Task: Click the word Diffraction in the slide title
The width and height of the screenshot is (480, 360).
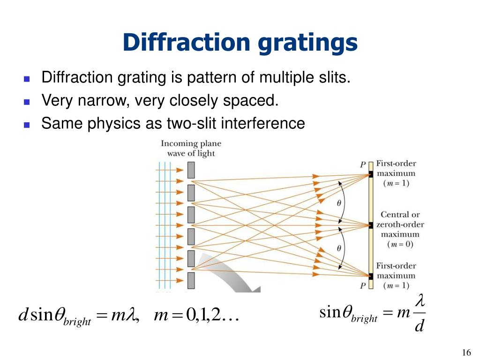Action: click(x=187, y=43)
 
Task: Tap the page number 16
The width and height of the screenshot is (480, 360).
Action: click(x=466, y=353)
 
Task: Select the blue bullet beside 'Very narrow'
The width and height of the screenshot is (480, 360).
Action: click(x=27, y=101)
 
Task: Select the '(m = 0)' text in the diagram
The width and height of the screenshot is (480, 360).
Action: click(x=400, y=244)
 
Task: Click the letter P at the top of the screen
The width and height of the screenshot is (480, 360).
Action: click(x=363, y=165)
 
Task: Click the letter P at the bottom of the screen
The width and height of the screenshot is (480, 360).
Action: click(x=363, y=285)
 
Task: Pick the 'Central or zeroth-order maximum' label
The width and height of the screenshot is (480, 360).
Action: click(x=400, y=225)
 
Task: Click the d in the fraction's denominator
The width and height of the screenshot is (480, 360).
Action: click(x=419, y=324)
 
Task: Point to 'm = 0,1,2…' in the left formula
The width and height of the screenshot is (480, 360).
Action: click(x=197, y=316)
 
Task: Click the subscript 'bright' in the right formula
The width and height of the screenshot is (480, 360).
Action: click(x=364, y=319)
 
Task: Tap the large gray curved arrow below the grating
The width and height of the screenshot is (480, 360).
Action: click(x=230, y=272)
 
